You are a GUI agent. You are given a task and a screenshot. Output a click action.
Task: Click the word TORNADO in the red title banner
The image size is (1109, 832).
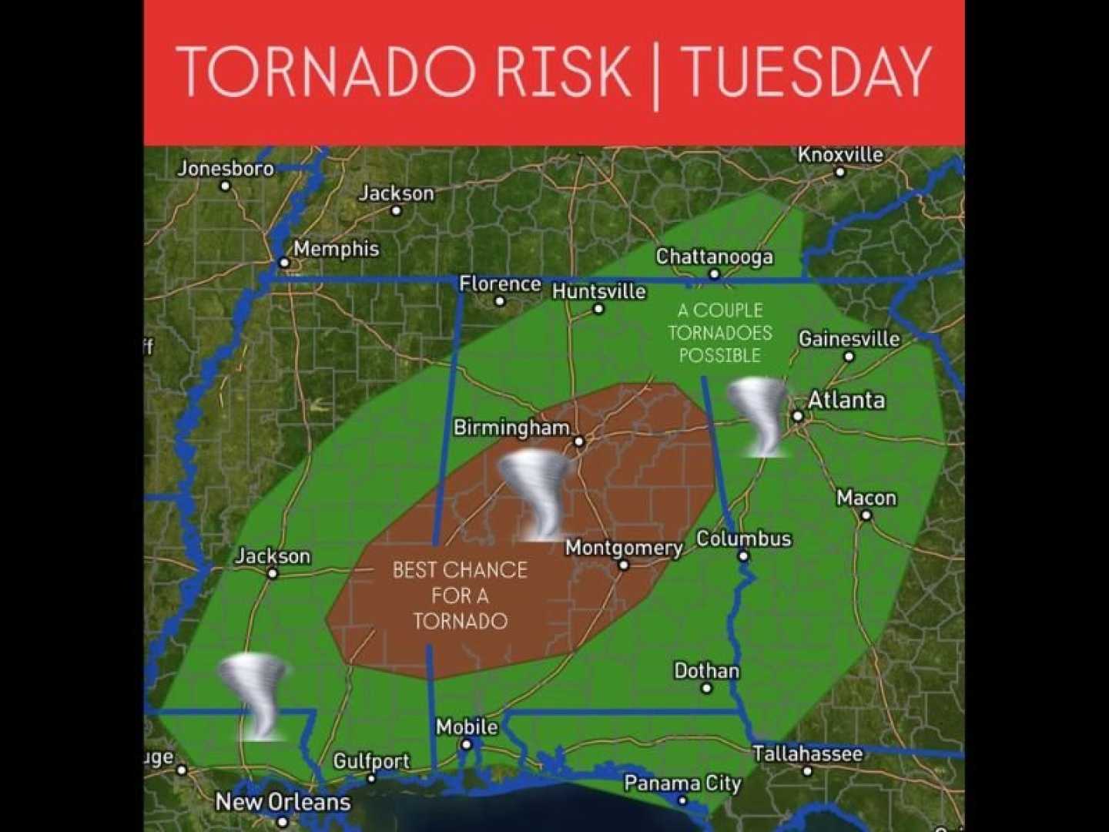pos(326,71)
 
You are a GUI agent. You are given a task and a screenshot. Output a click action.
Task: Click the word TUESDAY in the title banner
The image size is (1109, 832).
pos(807,71)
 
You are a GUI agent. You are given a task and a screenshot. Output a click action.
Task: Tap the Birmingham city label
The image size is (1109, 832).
pos(511,428)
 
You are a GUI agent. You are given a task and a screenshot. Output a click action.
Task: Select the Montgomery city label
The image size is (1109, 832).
pos(624,548)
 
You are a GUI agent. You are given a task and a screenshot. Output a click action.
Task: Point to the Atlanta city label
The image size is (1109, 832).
pos(846,400)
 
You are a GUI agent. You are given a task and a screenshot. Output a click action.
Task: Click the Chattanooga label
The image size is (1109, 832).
pos(714,257)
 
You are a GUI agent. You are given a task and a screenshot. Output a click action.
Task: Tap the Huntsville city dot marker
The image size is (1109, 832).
pos(598,309)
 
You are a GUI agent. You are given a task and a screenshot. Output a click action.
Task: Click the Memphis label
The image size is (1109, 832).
pos(336,249)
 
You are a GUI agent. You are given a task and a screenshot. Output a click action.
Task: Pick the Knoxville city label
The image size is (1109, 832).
pos(840,155)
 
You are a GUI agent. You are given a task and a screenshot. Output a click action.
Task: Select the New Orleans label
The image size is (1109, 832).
pos(283,802)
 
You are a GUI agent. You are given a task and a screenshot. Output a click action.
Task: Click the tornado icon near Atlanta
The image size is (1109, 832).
pos(759,416)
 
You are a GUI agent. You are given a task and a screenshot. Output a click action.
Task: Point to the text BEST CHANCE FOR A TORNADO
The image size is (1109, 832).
pos(460,595)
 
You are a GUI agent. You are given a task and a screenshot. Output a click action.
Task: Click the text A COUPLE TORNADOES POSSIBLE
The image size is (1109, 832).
pos(719,333)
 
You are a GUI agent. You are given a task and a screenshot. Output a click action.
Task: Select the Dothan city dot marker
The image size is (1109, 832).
pos(706,688)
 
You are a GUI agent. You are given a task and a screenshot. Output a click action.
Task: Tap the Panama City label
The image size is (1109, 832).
pos(682,783)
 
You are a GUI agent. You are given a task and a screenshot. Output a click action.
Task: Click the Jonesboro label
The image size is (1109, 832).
pos(226,168)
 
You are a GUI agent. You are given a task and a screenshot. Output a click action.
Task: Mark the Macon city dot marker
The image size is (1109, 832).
pos(866,515)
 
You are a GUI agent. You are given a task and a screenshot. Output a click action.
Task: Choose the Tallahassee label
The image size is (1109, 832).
pos(807,753)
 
